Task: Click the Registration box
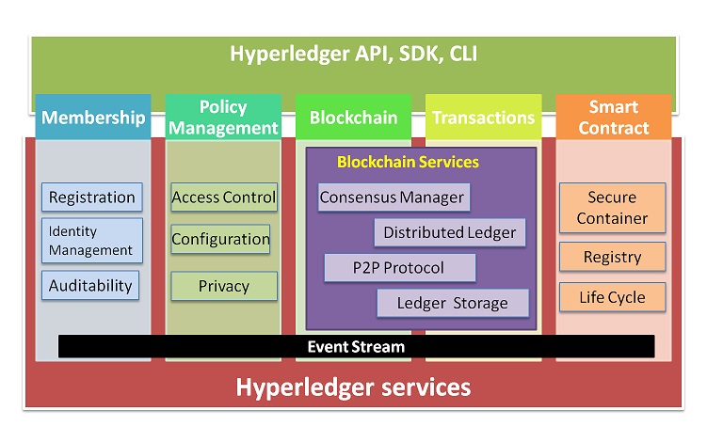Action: coord(92,197)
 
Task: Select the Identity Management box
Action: coord(92,241)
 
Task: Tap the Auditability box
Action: coord(90,285)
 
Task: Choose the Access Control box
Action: coord(224,197)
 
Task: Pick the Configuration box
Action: coord(220,239)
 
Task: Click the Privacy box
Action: coord(224,286)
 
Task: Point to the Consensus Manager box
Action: coord(394,197)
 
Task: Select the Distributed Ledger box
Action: coord(450,232)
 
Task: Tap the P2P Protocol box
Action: coord(400,268)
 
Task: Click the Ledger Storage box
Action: coord(453,303)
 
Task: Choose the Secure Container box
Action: coord(612,208)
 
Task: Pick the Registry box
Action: coord(612,257)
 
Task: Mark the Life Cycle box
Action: coord(612,297)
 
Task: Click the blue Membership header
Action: coord(93,117)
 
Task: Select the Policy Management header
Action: coord(223,117)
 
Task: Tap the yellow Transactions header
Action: coord(483,117)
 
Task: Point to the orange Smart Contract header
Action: coord(614,117)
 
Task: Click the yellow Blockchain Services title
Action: coord(408,162)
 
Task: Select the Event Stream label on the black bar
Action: coord(356,346)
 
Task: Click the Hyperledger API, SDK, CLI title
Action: coord(354,54)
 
